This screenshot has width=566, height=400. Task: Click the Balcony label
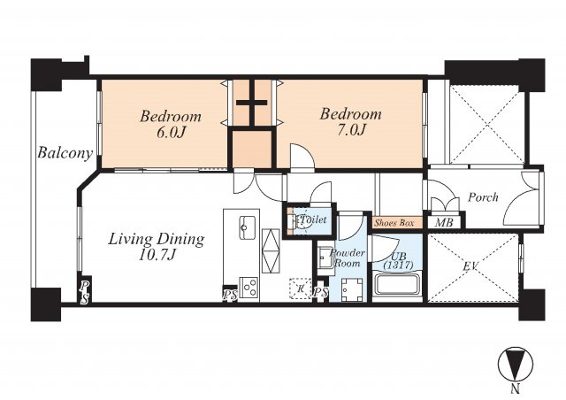point(65,153)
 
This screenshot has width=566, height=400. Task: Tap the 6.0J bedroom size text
point(171,133)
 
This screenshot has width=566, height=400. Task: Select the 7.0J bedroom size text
point(350,130)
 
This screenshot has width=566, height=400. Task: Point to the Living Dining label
point(157,239)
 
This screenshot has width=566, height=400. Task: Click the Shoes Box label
point(394,223)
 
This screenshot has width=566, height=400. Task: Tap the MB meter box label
point(444,222)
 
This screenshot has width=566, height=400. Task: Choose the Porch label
point(483,197)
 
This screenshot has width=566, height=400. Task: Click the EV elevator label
point(470,267)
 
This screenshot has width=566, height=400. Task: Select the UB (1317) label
point(398,261)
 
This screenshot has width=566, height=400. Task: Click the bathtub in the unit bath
point(397,285)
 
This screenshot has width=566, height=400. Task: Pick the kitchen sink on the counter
point(248,227)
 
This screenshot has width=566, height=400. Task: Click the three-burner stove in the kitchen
point(249,288)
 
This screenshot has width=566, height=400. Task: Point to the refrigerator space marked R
point(301,288)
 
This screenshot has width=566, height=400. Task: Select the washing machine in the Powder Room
point(351,289)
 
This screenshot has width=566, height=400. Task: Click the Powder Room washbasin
point(326,258)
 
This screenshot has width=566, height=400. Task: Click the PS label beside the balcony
point(84,292)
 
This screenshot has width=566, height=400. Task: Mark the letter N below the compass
point(516,388)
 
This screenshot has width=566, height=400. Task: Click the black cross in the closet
point(252,103)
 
